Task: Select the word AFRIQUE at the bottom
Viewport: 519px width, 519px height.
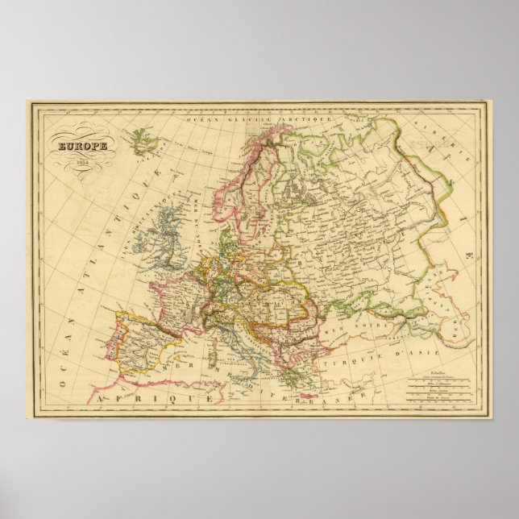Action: pos(133,398)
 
